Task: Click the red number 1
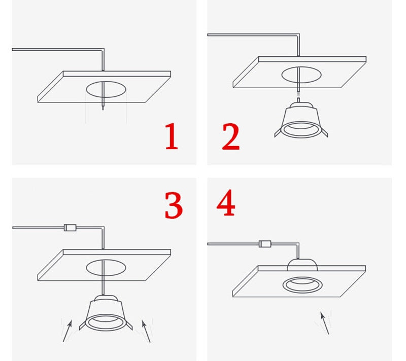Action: point(172,136)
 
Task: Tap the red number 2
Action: point(231,136)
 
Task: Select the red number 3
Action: point(174,205)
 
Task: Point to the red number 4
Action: point(226,204)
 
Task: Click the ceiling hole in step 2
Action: point(301,75)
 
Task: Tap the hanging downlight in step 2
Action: point(301,120)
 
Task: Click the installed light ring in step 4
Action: point(302,284)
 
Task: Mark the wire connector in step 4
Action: point(264,244)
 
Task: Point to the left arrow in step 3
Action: point(67,330)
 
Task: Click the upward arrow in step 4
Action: point(324,323)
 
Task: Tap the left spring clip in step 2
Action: point(278,133)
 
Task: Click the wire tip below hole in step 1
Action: point(103,107)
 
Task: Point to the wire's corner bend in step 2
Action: point(298,36)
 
